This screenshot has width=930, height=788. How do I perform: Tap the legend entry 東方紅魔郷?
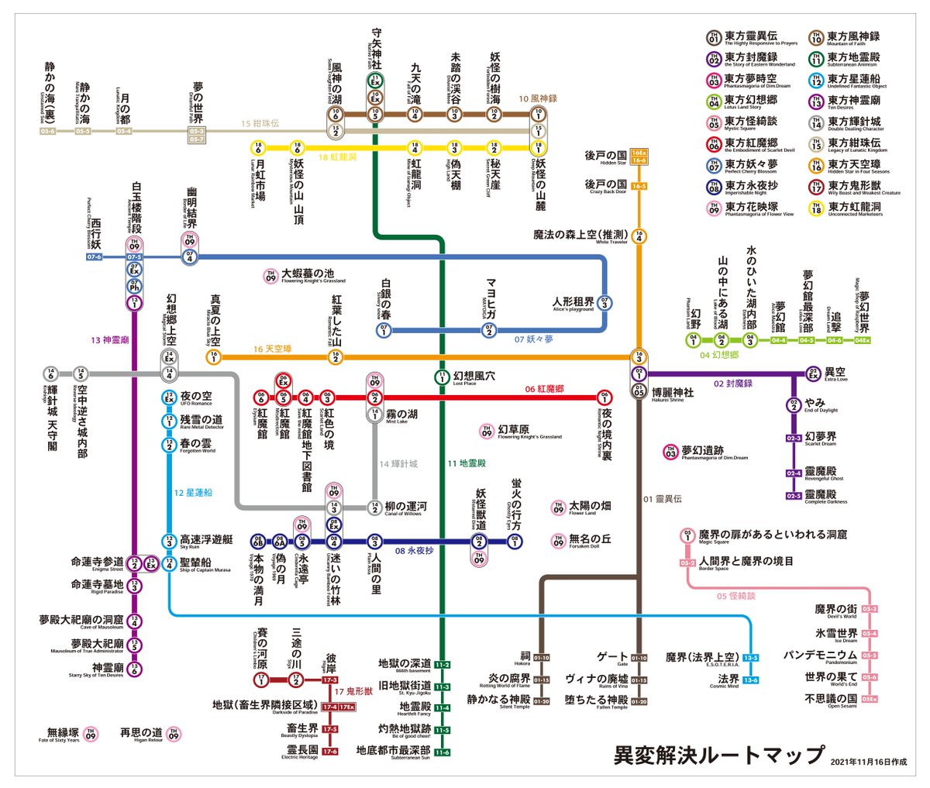[x=751, y=143]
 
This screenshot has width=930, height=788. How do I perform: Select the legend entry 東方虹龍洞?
[x=853, y=208]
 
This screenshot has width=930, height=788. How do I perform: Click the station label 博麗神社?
[x=672, y=394]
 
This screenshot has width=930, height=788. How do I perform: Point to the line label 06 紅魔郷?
[x=544, y=389]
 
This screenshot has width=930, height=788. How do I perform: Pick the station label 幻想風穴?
[x=474, y=377]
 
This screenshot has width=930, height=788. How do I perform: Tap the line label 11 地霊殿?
[x=466, y=463]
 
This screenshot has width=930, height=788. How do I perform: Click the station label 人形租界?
[x=573, y=302]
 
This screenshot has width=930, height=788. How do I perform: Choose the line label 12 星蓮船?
[x=193, y=492]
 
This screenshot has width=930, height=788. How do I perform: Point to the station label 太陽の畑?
[x=590, y=507]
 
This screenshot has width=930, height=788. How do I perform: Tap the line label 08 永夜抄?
[x=414, y=551]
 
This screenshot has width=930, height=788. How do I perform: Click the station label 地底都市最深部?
[x=393, y=751]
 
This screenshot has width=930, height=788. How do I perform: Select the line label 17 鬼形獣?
[x=353, y=691]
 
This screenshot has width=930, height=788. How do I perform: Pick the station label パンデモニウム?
[x=819, y=656]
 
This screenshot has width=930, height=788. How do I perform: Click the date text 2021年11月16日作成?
[x=868, y=762]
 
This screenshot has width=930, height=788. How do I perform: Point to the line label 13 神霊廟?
[x=109, y=340]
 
